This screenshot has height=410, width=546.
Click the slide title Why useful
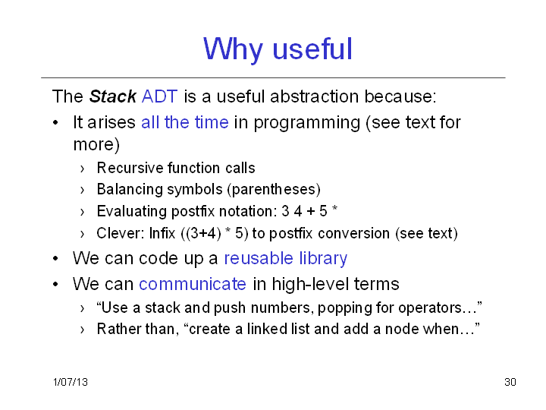point(278,49)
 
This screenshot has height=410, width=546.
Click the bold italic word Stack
point(112,96)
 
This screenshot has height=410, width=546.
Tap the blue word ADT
point(160,96)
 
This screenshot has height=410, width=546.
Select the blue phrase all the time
point(185,122)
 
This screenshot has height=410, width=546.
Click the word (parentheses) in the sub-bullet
point(274,189)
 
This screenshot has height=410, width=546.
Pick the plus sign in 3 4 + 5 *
point(311,212)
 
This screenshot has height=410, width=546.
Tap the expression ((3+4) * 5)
point(215,233)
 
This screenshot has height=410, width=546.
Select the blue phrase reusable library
point(286,258)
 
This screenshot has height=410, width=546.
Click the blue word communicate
point(193,284)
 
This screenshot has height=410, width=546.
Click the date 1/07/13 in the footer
point(71,382)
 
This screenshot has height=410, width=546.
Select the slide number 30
point(510,382)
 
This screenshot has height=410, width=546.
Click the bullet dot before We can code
point(55,259)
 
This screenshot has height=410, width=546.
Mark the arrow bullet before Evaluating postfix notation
point(82,212)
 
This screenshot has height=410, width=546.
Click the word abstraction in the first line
point(315,96)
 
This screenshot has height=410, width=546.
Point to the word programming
point(307,123)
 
